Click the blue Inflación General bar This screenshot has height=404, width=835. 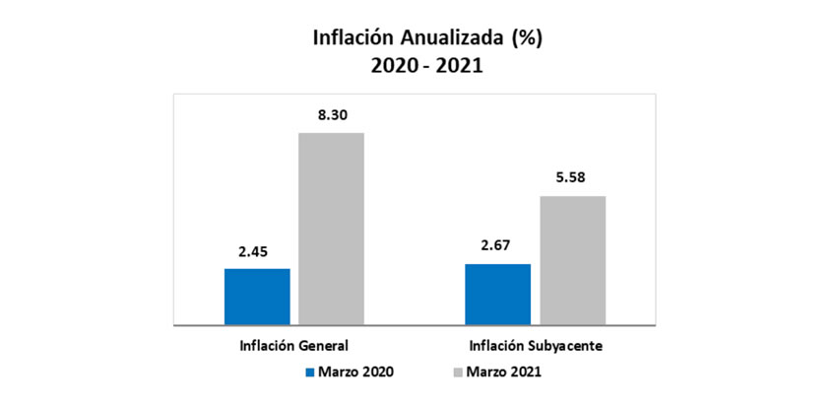click(x=257, y=296)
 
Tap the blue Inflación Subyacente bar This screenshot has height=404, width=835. click(x=497, y=294)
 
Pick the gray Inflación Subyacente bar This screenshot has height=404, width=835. click(x=572, y=260)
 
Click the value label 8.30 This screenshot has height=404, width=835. click(x=331, y=115)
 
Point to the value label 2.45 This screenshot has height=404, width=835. click(x=257, y=251)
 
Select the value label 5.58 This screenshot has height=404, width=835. click(x=572, y=179)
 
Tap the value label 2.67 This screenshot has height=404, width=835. click(x=497, y=246)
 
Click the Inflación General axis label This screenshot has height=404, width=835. click(x=294, y=346)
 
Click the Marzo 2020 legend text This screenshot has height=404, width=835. click(x=355, y=371)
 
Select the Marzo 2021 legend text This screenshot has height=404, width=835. click(x=503, y=371)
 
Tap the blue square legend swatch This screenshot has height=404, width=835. click(x=309, y=372)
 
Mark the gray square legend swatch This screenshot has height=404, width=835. click(x=457, y=372)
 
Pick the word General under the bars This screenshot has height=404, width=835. click(x=324, y=346)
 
